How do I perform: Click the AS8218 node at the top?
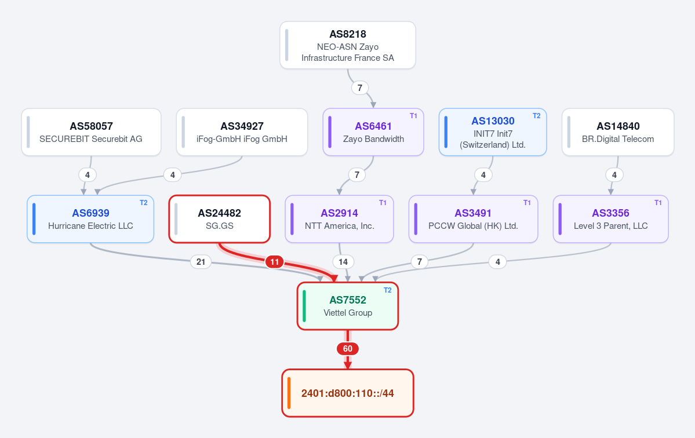click(x=348, y=45)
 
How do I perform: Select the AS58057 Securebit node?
click(x=92, y=132)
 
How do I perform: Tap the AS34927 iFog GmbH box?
click(x=242, y=132)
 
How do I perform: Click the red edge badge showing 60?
click(x=348, y=349)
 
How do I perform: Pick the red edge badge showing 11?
click(x=274, y=262)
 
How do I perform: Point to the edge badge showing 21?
click(x=201, y=262)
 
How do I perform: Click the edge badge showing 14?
click(x=343, y=262)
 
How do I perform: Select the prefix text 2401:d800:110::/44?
click(x=348, y=393)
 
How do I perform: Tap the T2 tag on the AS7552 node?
click(x=387, y=290)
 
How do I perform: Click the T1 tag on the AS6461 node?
click(x=413, y=116)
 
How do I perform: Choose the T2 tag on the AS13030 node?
click(x=536, y=116)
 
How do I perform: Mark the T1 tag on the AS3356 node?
click(x=658, y=202)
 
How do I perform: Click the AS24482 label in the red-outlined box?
click(x=220, y=213)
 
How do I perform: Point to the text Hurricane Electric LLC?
click(x=90, y=226)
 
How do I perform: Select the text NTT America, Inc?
click(x=340, y=226)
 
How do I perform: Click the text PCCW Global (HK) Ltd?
click(x=473, y=226)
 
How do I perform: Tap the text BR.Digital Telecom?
click(x=618, y=139)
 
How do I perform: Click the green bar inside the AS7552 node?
click(x=304, y=306)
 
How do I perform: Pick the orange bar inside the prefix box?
click(x=289, y=393)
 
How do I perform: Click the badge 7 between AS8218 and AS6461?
click(x=360, y=87)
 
